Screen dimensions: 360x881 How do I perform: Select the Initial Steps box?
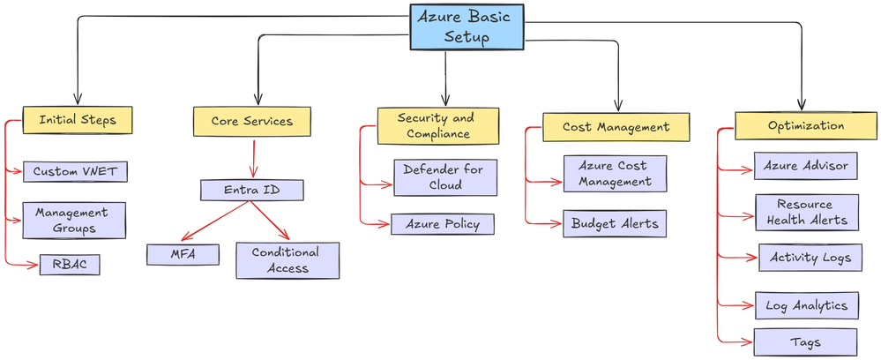[78, 120]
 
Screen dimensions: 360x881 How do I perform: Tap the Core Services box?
[251, 121]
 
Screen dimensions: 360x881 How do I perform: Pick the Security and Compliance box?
[437, 125]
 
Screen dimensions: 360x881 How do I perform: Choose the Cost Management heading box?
[616, 127]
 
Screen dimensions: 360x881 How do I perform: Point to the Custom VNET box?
[74, 171]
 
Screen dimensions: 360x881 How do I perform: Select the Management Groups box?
[74, 221]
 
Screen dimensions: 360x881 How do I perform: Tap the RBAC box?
[69, 265]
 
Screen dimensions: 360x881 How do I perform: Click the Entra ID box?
[252, 190]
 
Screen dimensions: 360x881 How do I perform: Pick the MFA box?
[183, 255]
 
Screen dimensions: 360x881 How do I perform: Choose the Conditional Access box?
[287, 260]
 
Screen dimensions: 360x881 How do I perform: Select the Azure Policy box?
[442, 224]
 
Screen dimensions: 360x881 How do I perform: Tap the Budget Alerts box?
[614, 223]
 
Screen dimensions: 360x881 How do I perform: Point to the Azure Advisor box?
[806, 166]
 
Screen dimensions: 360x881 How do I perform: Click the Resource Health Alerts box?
[806, 213]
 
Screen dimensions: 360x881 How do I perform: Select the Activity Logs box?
[810, 258]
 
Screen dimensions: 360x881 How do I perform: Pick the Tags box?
[805, 341]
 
